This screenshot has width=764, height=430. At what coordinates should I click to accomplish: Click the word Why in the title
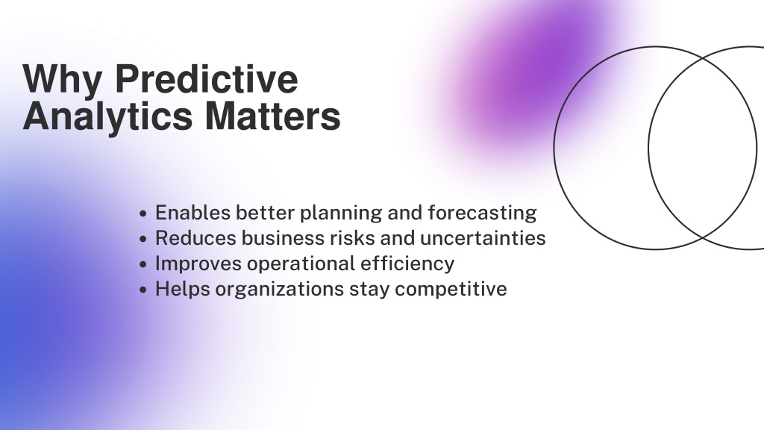click(x=62, y=79)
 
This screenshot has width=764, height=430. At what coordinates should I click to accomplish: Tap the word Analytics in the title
click(x=107, y=117)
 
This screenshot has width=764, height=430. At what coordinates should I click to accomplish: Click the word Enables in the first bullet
click(x=192, y=213)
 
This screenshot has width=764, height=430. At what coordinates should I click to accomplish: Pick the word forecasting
click(x=482, y=214)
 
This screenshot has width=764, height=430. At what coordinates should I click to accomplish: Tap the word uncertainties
click(x=483, y=238)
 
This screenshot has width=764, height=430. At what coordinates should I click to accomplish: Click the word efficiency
click(x=407, y=264)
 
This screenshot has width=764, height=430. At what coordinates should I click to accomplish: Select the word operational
click(x=301, y=264)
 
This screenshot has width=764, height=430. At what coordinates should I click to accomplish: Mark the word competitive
click(x=451, y=290)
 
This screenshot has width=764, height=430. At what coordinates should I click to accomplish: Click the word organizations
click(x=280, y=290)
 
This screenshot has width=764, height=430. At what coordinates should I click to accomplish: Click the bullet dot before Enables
click(x=143, y=213)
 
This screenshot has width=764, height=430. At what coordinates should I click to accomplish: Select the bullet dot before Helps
click(x=143, y=289)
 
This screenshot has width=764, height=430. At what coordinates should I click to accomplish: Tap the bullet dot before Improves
click(x=143, y=264)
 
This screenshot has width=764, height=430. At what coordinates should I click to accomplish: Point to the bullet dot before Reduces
click(x=143, y=238)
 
